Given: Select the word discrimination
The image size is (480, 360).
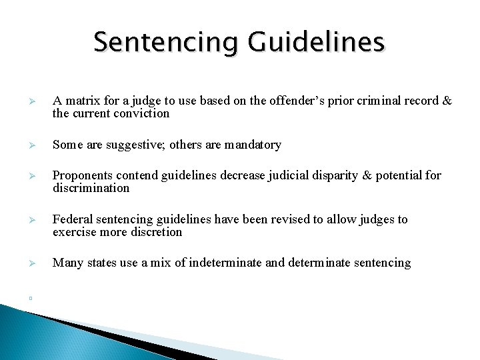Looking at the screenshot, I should tap(91, 189).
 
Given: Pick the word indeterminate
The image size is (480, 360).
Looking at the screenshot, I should tap(226, 263).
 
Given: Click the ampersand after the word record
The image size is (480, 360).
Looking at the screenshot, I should tap(447, 101).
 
